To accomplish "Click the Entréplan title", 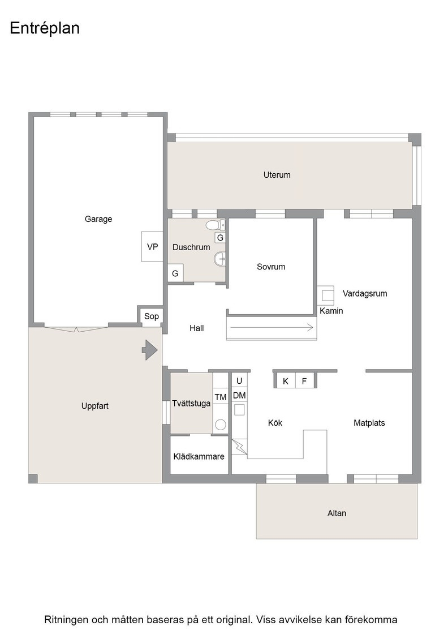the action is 45,28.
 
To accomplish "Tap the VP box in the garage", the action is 152,246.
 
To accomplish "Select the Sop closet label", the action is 152,316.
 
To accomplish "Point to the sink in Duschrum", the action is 219,259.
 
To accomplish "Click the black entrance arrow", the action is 150,350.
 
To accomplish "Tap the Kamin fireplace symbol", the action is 326,295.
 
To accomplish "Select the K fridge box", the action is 286,381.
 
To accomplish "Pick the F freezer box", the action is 304,381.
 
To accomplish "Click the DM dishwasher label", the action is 239,396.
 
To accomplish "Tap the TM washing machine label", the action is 221,397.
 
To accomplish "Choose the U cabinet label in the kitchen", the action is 239,381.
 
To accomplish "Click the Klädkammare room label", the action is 199,456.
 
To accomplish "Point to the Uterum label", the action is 277,175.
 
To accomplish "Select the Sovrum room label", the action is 271,267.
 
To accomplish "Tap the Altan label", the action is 337,513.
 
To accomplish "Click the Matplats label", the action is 369,423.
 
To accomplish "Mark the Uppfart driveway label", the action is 95,406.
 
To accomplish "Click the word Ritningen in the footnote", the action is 66,620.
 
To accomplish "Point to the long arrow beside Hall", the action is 272,328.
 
